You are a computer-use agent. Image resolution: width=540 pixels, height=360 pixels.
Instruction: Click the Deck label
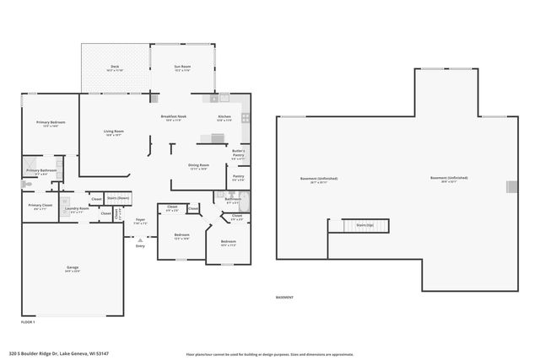[116, 68]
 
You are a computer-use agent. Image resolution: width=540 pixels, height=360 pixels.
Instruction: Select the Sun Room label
[182, 68]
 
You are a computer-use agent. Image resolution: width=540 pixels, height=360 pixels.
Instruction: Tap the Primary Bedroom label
[51, 123]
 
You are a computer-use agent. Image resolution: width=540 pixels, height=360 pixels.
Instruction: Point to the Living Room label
[114, 132]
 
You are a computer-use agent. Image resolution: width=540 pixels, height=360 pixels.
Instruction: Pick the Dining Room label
[197, 167]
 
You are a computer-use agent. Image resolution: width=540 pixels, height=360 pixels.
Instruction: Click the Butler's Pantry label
[238, 153]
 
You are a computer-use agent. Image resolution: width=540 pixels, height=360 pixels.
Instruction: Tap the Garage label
[73, 269]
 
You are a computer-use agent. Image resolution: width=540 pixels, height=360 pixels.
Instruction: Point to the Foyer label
[141, 222]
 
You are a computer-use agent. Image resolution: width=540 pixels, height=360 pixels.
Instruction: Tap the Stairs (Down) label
[118, 198]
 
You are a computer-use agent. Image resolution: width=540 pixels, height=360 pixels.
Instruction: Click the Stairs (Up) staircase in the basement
[364, 225]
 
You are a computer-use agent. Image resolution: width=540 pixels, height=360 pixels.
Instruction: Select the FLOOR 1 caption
[28, 321]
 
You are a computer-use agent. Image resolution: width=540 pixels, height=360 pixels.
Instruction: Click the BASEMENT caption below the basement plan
[285, 298]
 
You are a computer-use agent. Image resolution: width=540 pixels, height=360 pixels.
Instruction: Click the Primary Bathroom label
[41, 172]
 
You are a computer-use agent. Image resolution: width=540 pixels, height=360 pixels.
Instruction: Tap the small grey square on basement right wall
[509, 186]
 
